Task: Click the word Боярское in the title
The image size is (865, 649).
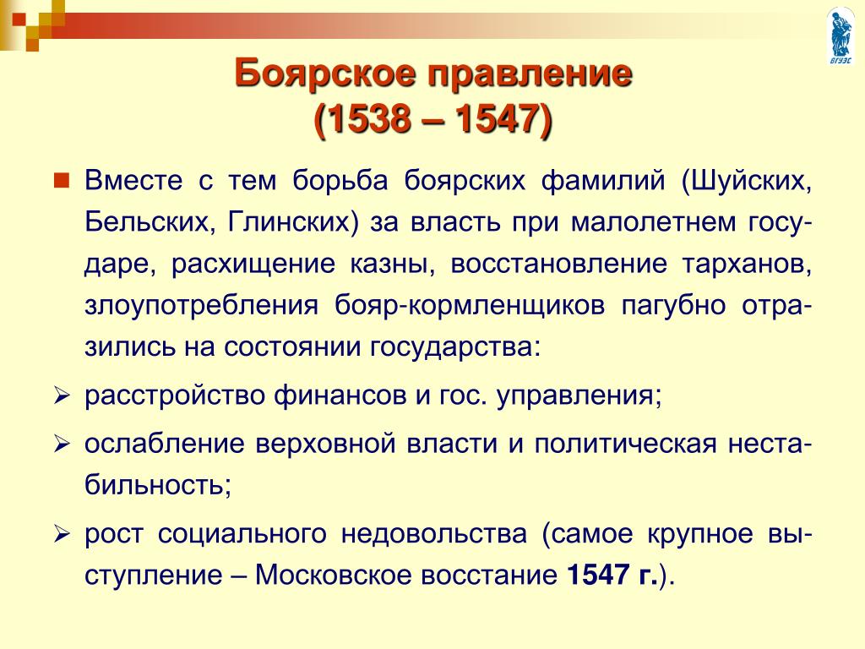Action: tap(324, 73)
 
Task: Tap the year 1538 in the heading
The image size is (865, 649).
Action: tap(373, 118)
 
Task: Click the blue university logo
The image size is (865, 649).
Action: tap(841, 35)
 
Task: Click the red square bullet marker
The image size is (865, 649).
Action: tap(61, 180)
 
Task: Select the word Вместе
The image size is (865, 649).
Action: tap(133, 181)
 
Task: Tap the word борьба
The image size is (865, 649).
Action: tap(340, 181)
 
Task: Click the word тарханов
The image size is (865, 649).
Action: tap(747, 264)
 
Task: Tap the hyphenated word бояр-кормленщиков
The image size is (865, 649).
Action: tap(470, 306)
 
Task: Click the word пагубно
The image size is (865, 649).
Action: tap(673, 306)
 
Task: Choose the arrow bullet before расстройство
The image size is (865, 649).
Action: tap(61, 396)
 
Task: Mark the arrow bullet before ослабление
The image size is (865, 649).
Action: tap(61, 444)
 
